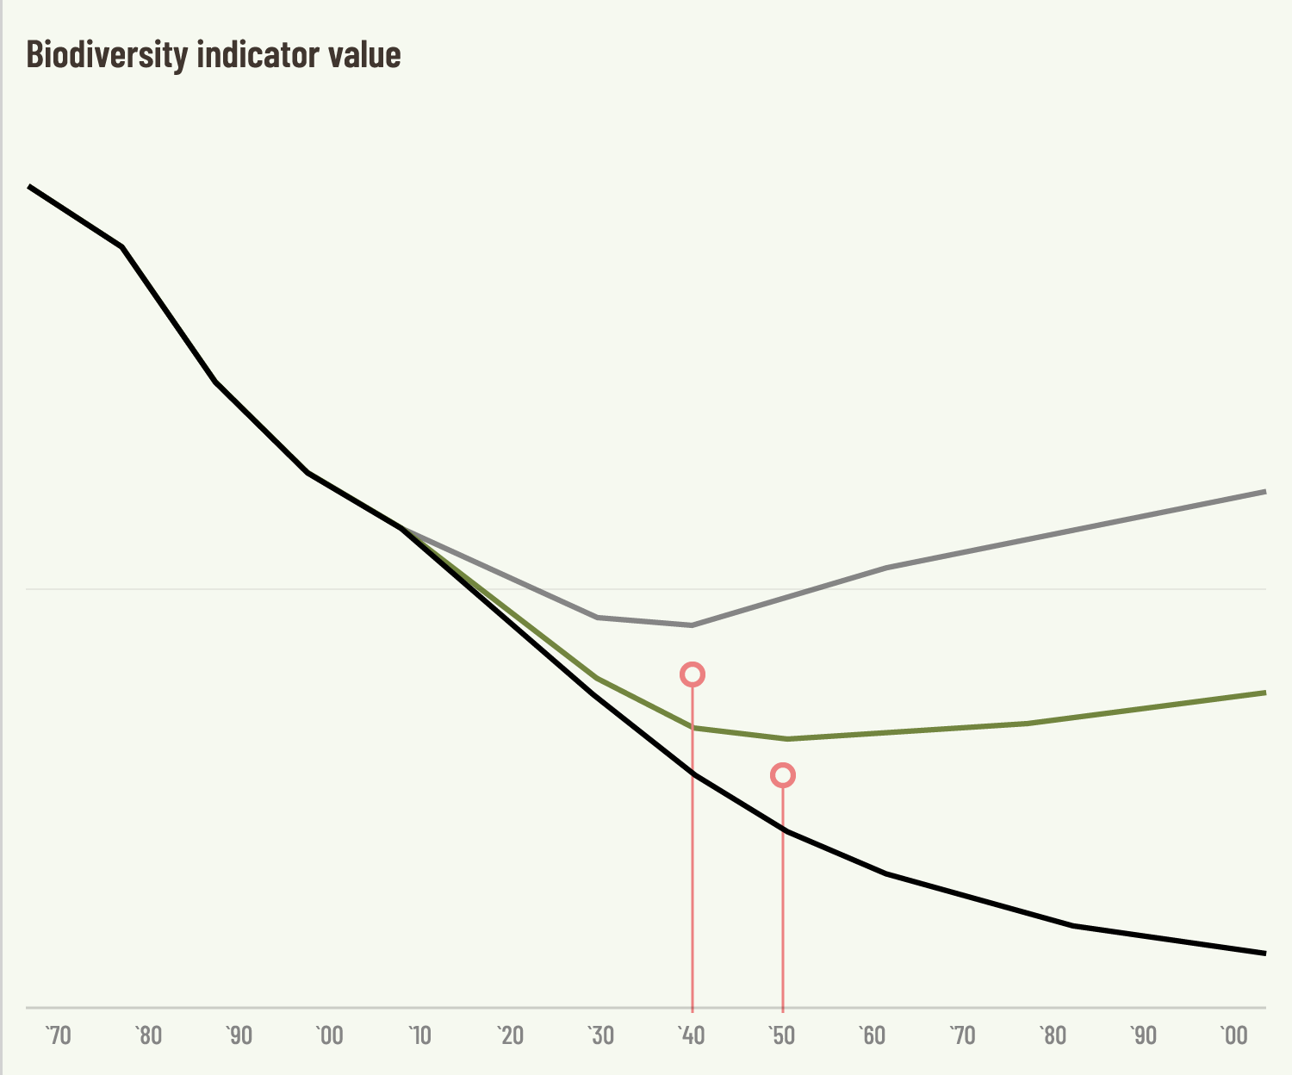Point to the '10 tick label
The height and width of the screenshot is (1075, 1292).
pyautogui.click(x=420, y=1035)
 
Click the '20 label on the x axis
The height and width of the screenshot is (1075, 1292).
pyautogui.click(x=511, y=1035)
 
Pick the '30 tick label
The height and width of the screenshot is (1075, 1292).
pyautogui.click(x=601, y=1035)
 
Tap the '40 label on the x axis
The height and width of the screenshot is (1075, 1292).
pyautogui.click(x=692, y=1035)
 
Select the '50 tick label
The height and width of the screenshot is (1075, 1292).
pyautogui.click(x=782, y=1035)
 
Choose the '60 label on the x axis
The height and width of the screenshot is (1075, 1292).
pyautogui.click(x=873, y=1035)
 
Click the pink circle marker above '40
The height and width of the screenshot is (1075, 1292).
pyautogui.click(x=693, y=674)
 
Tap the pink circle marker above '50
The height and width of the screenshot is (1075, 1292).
pyautogui.click(x=782, y=775)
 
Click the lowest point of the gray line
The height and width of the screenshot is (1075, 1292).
pyautogui.click(x=692, y=624)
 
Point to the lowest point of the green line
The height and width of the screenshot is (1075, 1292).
pyautogui.click(x=786, y=738)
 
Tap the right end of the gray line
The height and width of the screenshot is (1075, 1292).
pyautogui.click(x=1264, y=491)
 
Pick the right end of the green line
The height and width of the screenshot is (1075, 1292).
pyautogui.click(x=1264, y=693)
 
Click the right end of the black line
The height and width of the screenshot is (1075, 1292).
pyautogui.click(x=1264, y=953)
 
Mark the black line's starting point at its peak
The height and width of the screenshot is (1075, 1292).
pyautogui.click(x=30, y=186)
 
